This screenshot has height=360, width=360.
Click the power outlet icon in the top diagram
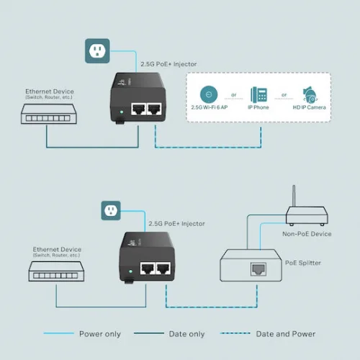[x=96, y=50]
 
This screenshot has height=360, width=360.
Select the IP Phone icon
[x=258, y=94]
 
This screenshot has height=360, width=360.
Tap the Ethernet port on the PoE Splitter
[x=258, y=269]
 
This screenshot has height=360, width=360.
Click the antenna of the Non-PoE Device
[x=293, y=195]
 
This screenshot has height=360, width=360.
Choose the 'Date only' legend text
[x=186, y=334]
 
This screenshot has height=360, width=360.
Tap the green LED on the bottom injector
[x=127, y=271]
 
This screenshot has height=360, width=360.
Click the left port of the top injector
[x=137, y=109]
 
